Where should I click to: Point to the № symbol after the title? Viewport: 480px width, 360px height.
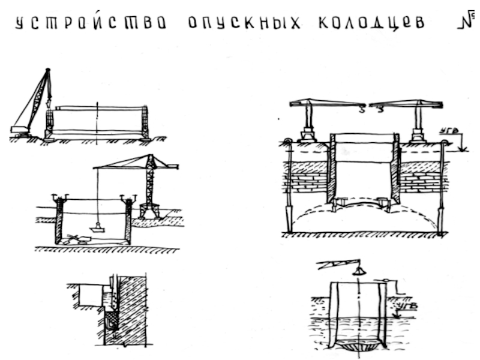point(467,22)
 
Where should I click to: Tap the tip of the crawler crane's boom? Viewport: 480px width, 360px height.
point(46,71)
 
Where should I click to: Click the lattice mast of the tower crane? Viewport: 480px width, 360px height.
point(150,183)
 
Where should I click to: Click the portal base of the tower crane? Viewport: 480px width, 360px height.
point(149,211)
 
